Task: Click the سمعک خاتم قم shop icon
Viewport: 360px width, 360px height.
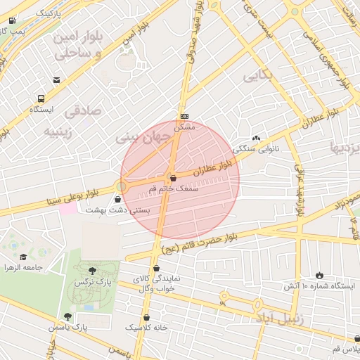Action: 174,179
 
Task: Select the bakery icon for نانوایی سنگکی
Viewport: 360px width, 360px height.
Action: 256,139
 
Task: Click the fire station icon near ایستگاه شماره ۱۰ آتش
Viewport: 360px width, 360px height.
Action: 321,275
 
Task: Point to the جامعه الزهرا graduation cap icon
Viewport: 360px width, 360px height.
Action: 23,257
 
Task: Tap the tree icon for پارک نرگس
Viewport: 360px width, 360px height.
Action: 93,271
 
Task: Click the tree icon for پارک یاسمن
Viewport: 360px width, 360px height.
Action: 67,317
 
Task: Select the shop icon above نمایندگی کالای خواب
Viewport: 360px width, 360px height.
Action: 156,268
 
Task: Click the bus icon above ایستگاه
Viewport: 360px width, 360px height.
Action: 41,99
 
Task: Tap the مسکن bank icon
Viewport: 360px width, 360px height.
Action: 184,116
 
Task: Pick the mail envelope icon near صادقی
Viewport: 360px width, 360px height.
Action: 56,80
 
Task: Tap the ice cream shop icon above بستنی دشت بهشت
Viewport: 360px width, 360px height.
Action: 127,200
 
